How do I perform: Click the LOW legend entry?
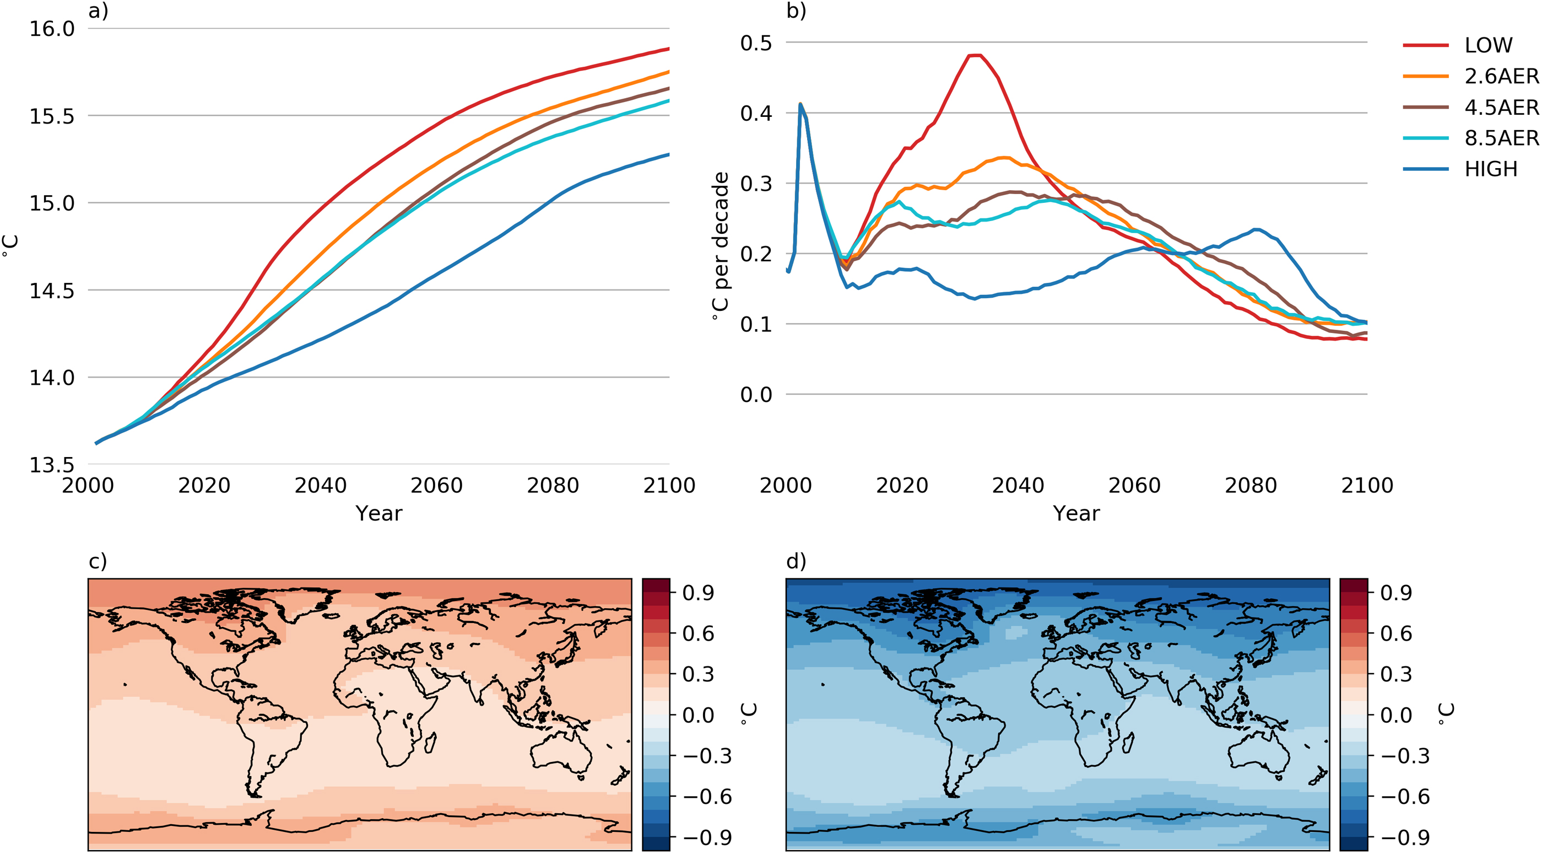[1488, 45]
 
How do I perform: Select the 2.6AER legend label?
[1501, 76]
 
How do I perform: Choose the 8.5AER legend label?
[1501, 138]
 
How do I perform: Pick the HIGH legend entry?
[1491, 169]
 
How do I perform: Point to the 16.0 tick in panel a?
[52, 29]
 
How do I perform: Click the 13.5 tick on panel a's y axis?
[52, 465]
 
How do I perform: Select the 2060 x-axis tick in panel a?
[436, 486]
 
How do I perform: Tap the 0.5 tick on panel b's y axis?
[756, 43]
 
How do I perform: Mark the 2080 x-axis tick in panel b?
[1251, 486]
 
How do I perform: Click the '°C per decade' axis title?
[721, 245]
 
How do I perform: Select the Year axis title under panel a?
[379, 514]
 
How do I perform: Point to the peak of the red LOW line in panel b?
[976, 56]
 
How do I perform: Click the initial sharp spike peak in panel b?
[800, 104]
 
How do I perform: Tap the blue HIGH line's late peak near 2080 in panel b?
[1257, 229]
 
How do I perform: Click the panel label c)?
[98, 561]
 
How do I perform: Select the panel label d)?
[796, 561]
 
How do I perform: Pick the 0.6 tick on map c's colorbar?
[698, 633]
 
